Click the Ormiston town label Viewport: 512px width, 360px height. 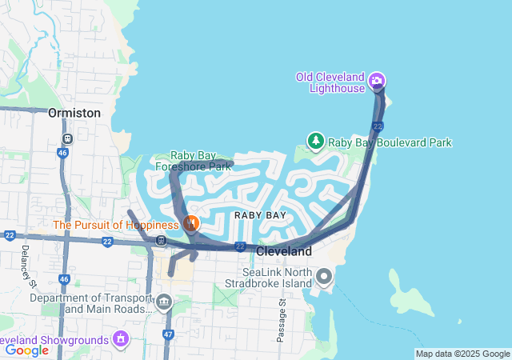tap(74, 113)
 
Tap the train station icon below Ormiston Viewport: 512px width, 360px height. tap(67, 138)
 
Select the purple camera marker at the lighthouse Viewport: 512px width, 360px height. tap(378, 81)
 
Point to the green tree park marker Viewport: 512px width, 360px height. tap(316, 142)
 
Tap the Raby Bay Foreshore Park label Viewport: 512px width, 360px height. tap(201, 162)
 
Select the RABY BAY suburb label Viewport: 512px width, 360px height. tap(260, 216)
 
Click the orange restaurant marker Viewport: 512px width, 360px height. tap(190, 223)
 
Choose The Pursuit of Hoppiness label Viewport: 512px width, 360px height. tap(116, 225)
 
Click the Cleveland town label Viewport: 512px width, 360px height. tap(284, 251)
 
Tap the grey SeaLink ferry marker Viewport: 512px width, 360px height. tap(324, 278)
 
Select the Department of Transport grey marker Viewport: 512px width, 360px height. tap(164, 302)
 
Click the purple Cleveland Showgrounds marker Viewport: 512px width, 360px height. tap(121, 338)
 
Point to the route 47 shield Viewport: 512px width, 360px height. tap(167, 335)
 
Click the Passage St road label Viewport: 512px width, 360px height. tap(282, 320)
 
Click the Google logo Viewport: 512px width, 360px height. tap(26, 350)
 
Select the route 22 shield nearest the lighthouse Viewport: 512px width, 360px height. tap(378, 126)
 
